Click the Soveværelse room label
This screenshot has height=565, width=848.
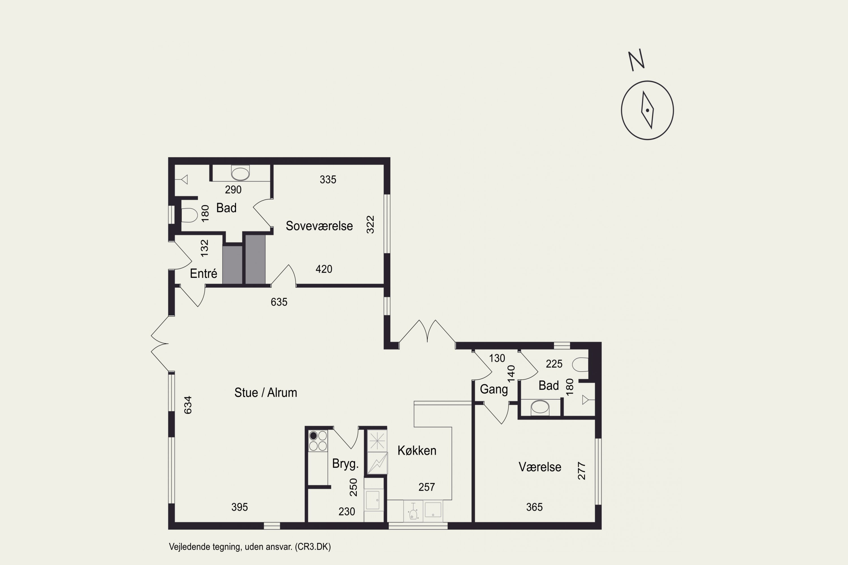click(x=319, y=226)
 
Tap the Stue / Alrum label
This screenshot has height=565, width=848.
click(x=266, y=392)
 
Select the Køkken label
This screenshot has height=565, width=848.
click(x=417, y=450)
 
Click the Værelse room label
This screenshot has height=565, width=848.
click(x=540, y=467)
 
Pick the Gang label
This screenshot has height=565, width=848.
click(x=494, y=390)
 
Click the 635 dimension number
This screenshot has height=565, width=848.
click(x=279, y=302)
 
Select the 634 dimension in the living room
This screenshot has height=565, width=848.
click(x=188, y=405)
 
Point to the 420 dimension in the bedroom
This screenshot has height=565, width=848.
click(x=324, y=269)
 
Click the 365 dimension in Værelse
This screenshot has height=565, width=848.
click(x=534, y=507)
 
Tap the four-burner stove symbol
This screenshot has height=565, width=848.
click(x=318, y=441)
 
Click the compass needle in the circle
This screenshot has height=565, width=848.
click(x=648, y=110)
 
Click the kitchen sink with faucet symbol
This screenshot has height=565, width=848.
click(x=413, y=511)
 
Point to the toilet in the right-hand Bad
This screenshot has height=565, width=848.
click(x=580, y=364)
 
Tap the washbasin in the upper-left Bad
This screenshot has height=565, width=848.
click(x=240, y=173)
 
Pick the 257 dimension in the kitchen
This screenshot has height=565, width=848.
click(x=427, y=487)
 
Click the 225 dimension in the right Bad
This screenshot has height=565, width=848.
click(x=554, y=364)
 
